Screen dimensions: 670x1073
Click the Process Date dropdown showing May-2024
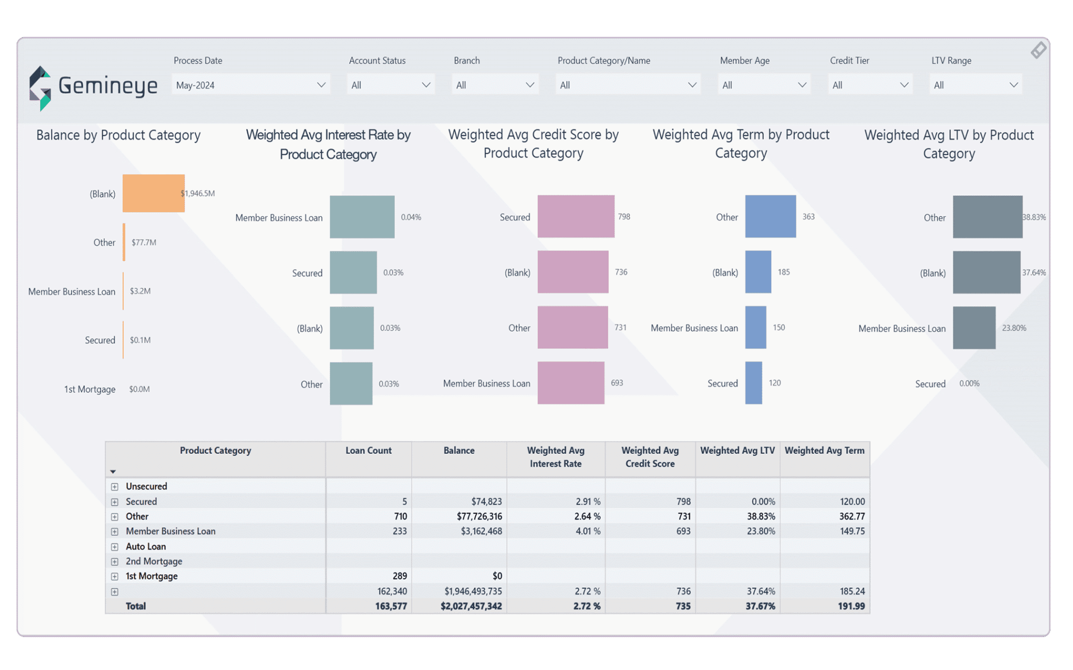250,85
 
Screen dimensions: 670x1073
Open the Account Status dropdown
390,85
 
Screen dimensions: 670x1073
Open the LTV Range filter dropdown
976,85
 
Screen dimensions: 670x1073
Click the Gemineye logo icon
40,88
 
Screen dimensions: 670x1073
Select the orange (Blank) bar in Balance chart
154,193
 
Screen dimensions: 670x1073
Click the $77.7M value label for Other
144,243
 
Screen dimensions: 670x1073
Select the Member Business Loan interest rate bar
362,217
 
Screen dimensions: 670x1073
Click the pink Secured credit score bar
575,216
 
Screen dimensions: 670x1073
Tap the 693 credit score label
617,383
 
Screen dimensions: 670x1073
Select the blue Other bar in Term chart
770,216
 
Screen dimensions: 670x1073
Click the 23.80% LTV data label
1014,328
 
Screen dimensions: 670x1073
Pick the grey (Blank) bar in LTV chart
986,272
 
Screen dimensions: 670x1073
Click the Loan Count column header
368,451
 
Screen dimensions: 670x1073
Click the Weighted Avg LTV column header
737,451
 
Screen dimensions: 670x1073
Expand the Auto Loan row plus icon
115,547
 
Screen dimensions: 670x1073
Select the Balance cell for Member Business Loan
481,531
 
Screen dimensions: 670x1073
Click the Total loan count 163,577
391,606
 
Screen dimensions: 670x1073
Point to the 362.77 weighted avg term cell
851,517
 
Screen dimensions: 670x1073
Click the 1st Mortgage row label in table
151,576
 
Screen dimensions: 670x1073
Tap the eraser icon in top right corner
1038,50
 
